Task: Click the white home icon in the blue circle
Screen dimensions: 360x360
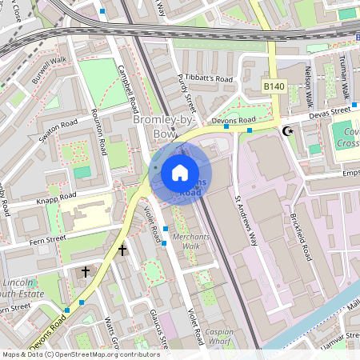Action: [180, 172]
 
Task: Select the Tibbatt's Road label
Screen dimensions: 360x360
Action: [210, 79]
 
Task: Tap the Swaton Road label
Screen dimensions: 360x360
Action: [58, 132]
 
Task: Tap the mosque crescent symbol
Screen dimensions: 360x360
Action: [288, 130]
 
